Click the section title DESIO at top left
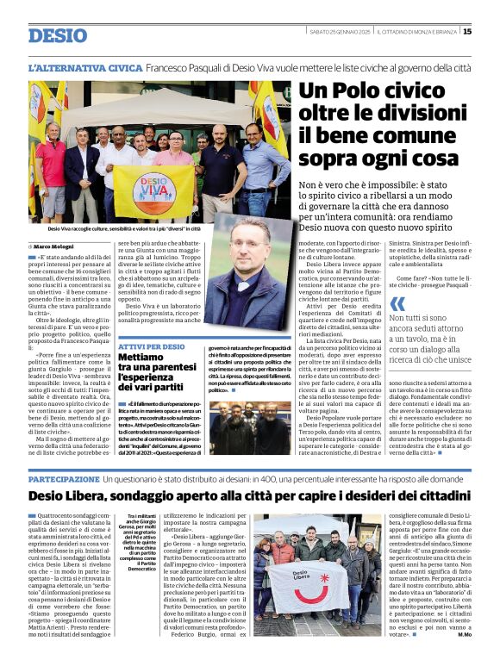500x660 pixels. (x=58, y=35)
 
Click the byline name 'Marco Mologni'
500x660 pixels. (x=53, y=247)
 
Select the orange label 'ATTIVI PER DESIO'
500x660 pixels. (x=151, y=346)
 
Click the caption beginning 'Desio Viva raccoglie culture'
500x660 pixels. (x=111, y=228)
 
